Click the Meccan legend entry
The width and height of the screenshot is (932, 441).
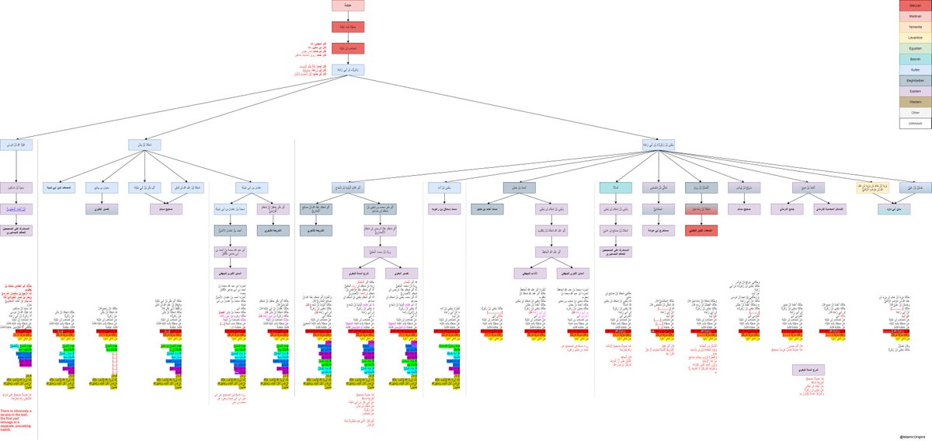[x=915, y=5]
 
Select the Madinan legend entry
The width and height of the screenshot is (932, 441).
[x=915, y=16]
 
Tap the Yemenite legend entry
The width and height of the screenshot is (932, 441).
[x=915, y=26]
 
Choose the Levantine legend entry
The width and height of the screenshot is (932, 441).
[x=915, y=37]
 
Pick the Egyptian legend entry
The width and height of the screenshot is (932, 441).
[x=915, y=48]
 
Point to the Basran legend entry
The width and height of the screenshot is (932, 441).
[x=915, y=59]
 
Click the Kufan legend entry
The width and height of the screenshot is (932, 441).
[x=915, y=70]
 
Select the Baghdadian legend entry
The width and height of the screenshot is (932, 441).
[x=915, y=80]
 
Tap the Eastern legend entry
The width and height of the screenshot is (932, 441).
[x=915, y=91]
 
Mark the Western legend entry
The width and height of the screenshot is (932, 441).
[x=915, y=102]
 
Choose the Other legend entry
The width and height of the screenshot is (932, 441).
[x=915, y=113]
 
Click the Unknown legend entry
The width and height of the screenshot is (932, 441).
[x=915, y=124]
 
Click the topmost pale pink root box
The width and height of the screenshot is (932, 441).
[x=347, y=5]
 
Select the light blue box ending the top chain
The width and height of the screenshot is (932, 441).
[x=347, y=70]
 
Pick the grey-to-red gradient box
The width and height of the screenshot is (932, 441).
[x=701, y=208]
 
